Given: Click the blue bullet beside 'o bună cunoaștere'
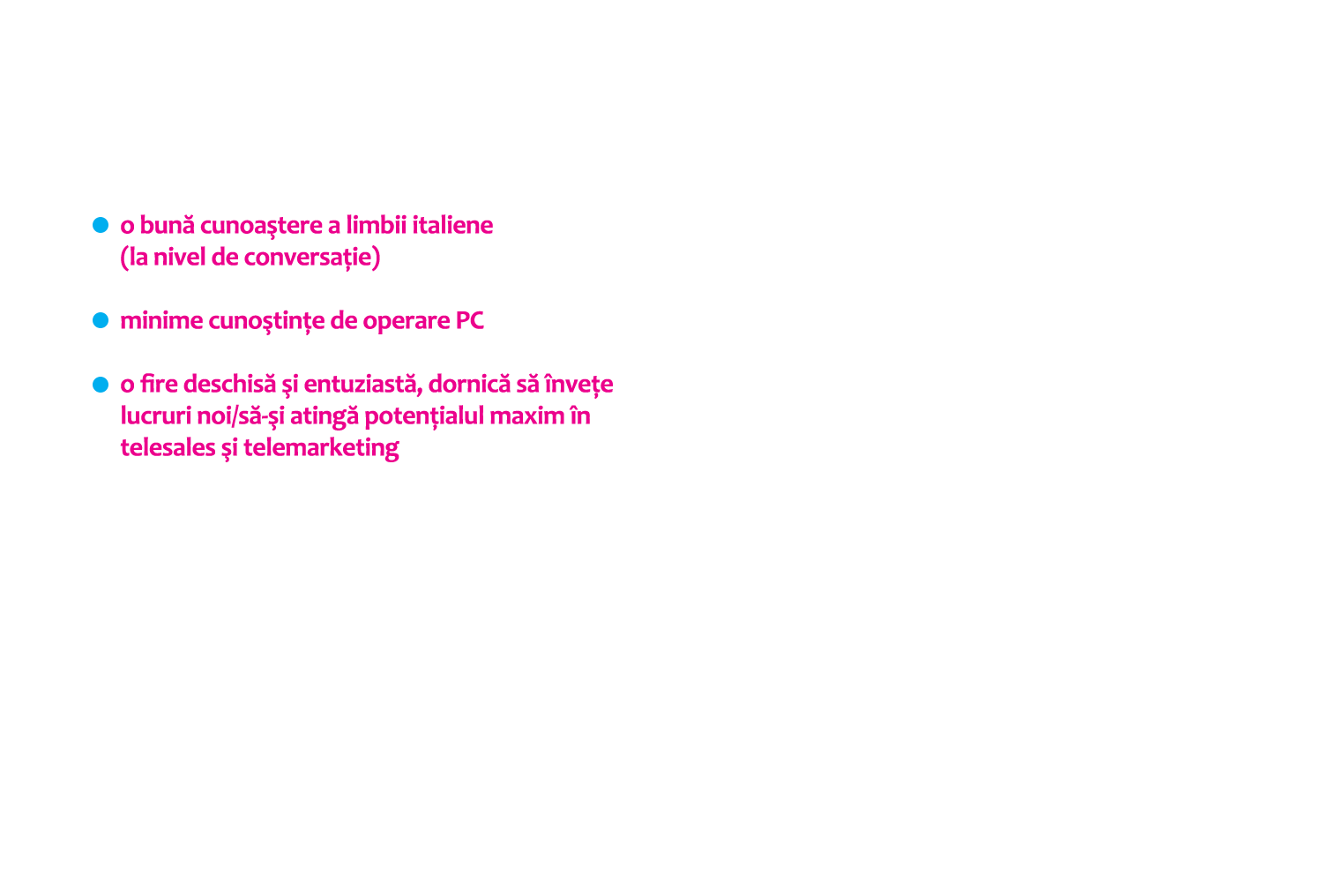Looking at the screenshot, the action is click(101, 225).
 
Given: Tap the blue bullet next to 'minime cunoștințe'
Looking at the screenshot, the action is click(101, 320).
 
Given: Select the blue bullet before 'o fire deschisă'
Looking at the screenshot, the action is click(101, 385).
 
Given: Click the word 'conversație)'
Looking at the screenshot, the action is click(312, 258).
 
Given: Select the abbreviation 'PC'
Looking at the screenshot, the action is click(469, 321).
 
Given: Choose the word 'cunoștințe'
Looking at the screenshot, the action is click(267, 323).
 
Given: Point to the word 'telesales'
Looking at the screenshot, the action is click(168, 448).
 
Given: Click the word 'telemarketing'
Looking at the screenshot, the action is click(321, 450).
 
